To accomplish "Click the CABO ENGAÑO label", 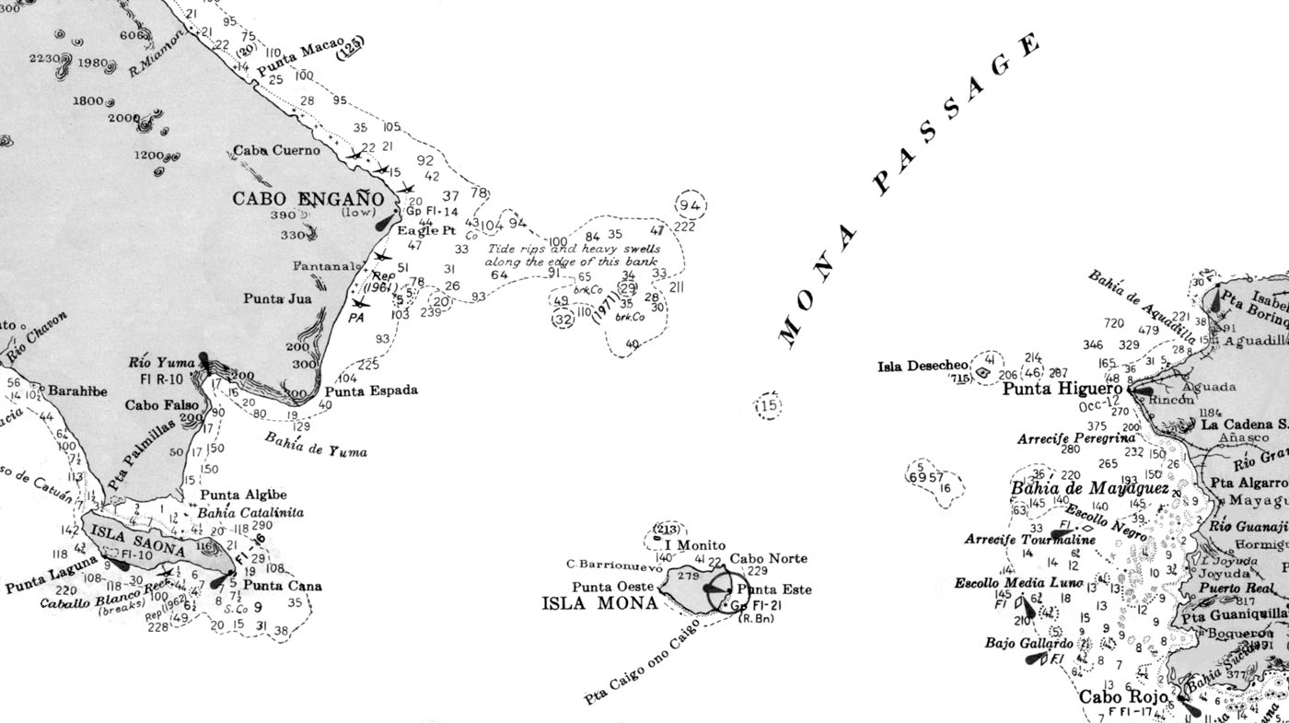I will pos(308,198).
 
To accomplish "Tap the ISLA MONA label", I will pos(599,603).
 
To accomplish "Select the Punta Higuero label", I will pos(1061,390).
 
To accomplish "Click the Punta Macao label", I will pos(300,57).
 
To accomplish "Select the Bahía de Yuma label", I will pos(316,445).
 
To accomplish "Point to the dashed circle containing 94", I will pos(691,204).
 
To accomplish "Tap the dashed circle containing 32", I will pos(562,319).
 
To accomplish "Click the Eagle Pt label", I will pos(421,231).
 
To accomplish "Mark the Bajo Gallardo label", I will pos(1028,643).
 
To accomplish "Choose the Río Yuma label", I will pos(162,362).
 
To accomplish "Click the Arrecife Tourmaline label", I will pos(1030,540).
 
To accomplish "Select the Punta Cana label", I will pos(275,585).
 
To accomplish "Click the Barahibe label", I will pos(78,390).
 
